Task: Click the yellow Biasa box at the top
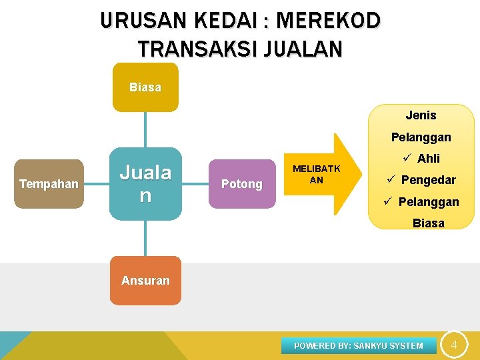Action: pyautogui.click(x=145, y=87)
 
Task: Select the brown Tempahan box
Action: pyautogui.click(x=49, y=184)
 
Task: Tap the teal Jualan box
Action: pyautogui.click(x=145, y=184)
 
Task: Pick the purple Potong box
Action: pyautogui.click(x=241, y=184)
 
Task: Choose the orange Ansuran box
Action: pyautogui.click(x=145, y=281)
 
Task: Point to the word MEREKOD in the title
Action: pyautogui.click(x=328, y=21)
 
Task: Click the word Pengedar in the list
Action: pyautogui.click(x=429, y=180)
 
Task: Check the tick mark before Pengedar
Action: pyautogui.click(x=391, y=180)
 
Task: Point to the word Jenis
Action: pyautogui.click(x=421, y=115)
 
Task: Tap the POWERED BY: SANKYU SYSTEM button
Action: pyautogui.click(x=359, y=345)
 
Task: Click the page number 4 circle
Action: pyautogui.click(x=454, y=345)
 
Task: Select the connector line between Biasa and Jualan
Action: pyautogui.click(x=145, y=129)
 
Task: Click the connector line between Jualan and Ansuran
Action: pyautogui.click(x=145, y=238)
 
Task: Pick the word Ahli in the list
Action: pyautogui.click(x=429, y=159)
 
